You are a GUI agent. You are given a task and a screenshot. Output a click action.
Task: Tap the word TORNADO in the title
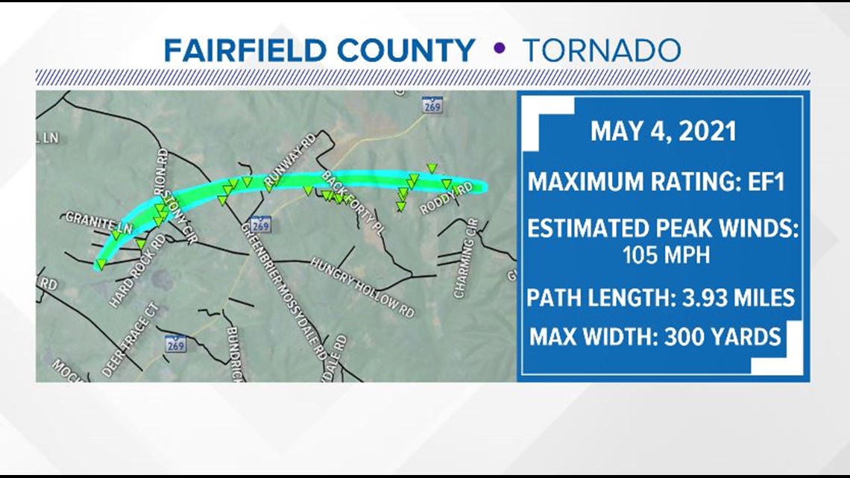click(x=601, y=51)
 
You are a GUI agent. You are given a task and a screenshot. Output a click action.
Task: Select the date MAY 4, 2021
click(x=663, y=131)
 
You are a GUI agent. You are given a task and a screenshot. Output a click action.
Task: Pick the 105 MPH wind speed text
click(x=662, y=255)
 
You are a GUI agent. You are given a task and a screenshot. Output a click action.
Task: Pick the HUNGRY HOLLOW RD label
click(x=362, y=287)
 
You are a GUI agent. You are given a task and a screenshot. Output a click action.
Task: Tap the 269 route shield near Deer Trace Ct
click(x=176, y=343)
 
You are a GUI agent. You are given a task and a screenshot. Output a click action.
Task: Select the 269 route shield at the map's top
click(x=432, y=104)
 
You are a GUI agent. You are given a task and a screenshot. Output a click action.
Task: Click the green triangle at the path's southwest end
click(x=100, y=264)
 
